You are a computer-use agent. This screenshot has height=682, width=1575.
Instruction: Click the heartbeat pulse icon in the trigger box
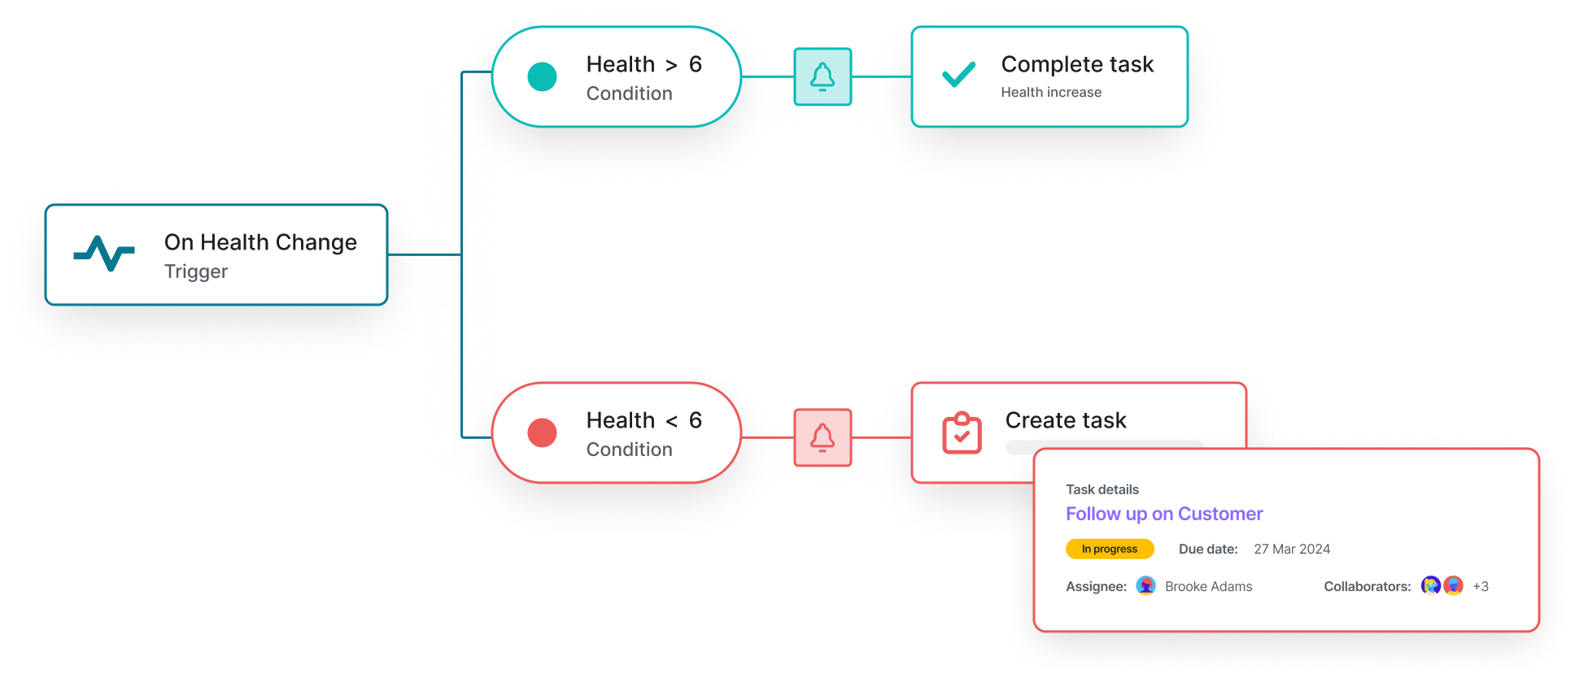[104, 254]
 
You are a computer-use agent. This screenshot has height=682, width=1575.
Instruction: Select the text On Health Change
[260, 242]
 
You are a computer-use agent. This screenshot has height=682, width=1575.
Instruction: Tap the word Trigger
[196, 271]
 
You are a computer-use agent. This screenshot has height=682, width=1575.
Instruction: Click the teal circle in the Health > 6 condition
[542, 77]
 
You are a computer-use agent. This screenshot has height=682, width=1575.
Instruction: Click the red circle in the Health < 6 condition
[542, 432]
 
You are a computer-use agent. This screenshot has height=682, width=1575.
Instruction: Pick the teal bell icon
[822, 77]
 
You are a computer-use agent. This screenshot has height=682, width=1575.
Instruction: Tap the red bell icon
[822, 437]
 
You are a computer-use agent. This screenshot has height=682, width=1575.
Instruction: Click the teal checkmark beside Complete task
[958, 75]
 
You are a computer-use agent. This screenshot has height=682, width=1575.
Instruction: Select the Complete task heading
[1077, 64]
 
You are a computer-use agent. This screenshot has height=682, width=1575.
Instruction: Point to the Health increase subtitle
[1051, 93]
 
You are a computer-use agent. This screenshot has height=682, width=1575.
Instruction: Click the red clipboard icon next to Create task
[962, 432]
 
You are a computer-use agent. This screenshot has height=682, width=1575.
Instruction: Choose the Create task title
[1066, 420]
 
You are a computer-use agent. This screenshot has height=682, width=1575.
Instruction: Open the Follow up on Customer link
[1164, 514]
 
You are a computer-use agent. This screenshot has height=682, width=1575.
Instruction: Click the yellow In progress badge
[1110, 549]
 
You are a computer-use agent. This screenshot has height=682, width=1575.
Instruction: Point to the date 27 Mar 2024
[1292, 549]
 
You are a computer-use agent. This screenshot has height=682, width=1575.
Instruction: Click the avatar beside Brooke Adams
[1145, 586]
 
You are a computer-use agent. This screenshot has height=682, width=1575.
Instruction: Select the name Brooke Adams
[1208, 586]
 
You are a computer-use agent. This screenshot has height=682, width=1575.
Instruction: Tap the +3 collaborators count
[1481, 586]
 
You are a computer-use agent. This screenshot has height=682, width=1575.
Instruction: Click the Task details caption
[1102, 489]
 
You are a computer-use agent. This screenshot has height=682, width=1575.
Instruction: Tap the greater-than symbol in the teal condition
[671, 66]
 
